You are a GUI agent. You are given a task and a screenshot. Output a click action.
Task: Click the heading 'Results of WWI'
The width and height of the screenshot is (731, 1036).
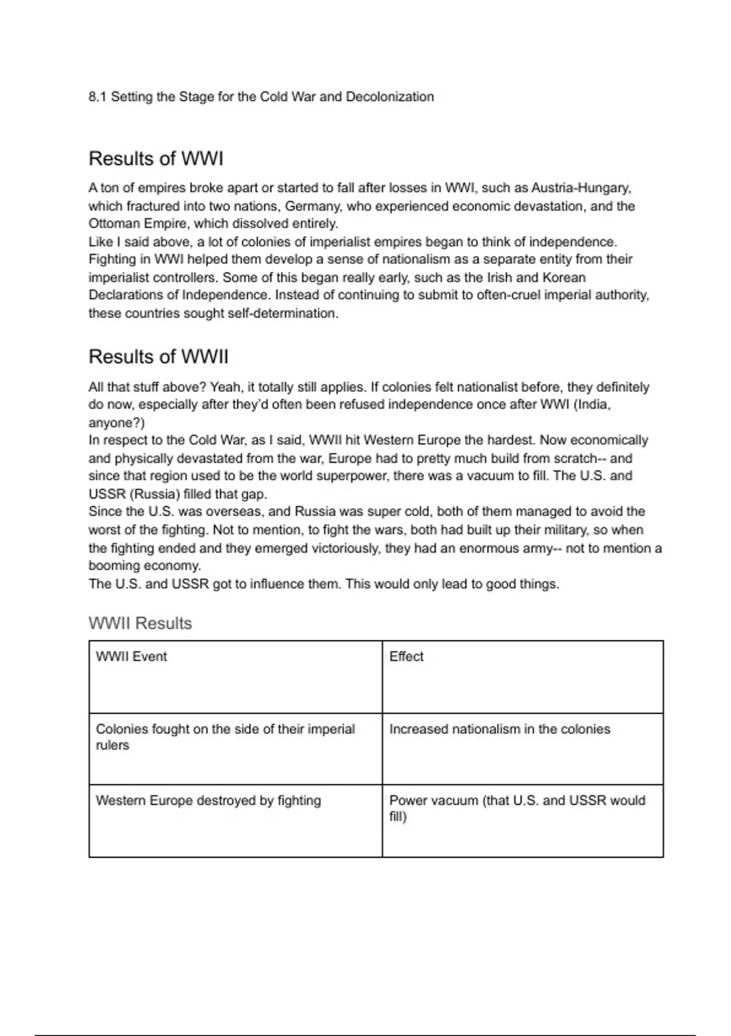click(156, 159)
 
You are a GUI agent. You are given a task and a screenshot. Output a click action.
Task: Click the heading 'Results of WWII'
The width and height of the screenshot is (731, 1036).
click(158, 357)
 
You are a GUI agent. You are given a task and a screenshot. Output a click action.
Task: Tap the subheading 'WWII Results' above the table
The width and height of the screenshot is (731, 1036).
click(140, 623)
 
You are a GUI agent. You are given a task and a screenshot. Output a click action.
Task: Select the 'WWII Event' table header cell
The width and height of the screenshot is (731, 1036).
click(131, 657)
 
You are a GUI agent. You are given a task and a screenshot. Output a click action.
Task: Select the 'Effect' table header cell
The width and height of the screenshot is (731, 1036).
click(406, 657)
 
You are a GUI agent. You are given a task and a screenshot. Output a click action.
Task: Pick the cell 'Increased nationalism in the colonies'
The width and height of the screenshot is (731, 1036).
click(500, 729)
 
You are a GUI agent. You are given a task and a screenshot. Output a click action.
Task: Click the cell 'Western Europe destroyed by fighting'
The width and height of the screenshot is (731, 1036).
click(208, 801)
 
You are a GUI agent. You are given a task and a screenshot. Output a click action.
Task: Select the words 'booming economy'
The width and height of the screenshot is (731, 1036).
click(144, 566)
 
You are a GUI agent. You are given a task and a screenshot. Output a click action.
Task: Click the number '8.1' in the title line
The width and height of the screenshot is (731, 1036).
click(97, 97)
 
